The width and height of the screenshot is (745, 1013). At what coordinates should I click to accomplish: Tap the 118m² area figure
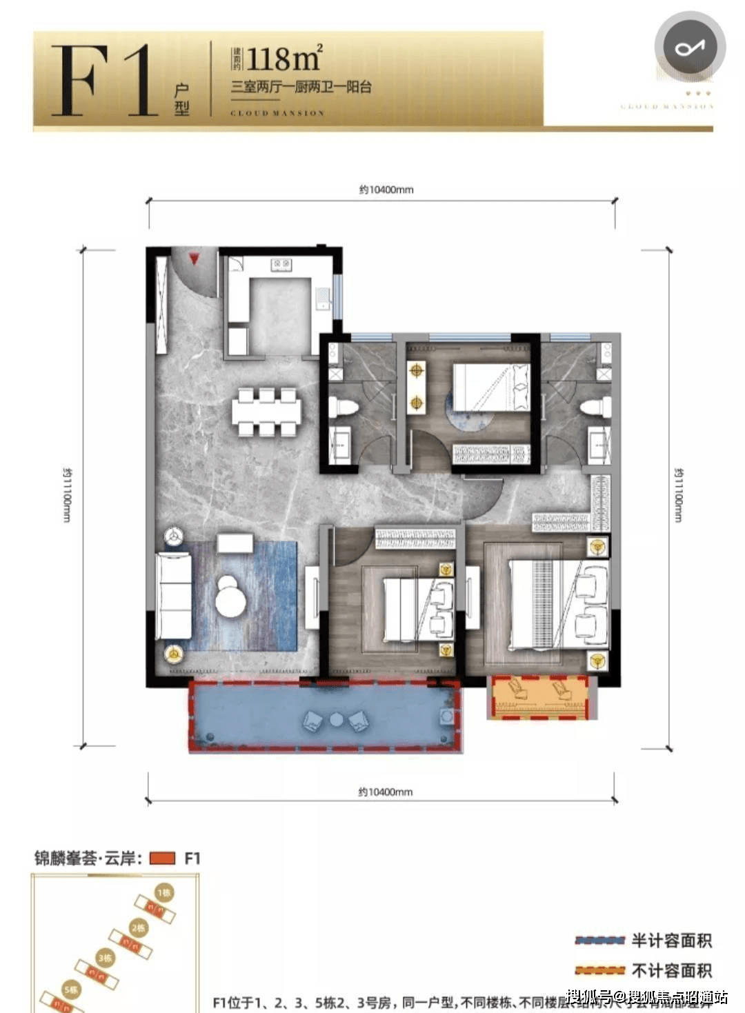pyautogui.click(x=284, y=59)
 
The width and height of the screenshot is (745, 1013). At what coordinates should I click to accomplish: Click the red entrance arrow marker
pyautogui.click(x=195, y=259)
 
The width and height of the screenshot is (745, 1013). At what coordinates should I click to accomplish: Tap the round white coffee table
pyautogui.click(x=230, y=599)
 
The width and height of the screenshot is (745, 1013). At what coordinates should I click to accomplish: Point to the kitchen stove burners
pyautogui.click(x=281, y=263)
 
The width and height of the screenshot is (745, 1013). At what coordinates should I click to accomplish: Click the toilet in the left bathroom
pyautogui.click(x=343, y=406)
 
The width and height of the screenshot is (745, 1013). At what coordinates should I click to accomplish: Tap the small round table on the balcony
pyautogui.click(x=336, y=720)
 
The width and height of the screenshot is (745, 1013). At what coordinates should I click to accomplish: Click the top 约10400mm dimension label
pyautogui.click(x=386, y=190)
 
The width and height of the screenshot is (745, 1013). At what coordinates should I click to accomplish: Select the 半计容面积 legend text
pyautogui.click(x=671, y=941)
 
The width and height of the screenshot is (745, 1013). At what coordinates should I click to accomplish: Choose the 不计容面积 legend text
pyautogui.click(x=671, y=971)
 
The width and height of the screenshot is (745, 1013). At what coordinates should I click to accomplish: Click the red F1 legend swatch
pyautogui.click(x=162, y=859)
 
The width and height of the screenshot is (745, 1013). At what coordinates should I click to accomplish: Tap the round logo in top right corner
pyautogui.click(x=689, y=48)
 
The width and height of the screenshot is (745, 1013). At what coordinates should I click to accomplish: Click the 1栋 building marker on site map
pyautogui.click(x=164, y=892)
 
